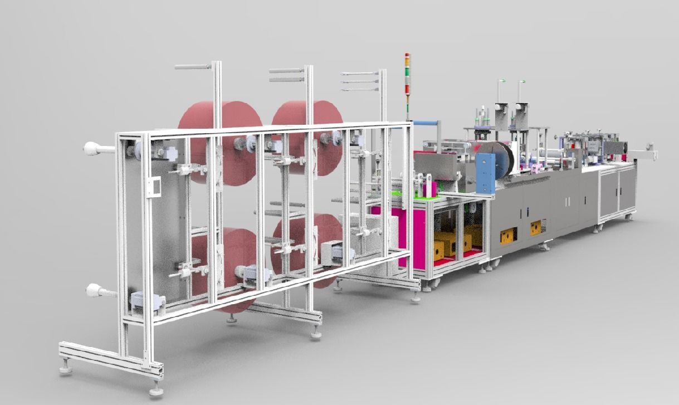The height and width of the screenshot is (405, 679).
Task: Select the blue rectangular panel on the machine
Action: (485, 173)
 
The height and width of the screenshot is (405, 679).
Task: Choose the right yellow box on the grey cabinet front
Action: (536, 227)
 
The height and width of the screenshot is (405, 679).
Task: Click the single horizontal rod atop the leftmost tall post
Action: (193, 67)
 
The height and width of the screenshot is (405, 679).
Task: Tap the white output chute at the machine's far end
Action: (646, 153)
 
